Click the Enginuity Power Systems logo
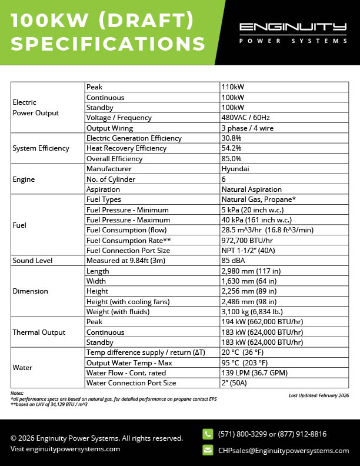click(x=292, y=33)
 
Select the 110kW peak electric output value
click(x=232, y=87)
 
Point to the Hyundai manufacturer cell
click(x=235, y=169)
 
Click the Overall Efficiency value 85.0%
click(x=231, y=159)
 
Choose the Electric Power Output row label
click(x=35, y=107)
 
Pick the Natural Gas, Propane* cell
click(x=258, y=199)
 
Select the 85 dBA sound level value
click(x=233, y=261)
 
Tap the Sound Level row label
click(x=32, y=261)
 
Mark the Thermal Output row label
click(x=39, y=332)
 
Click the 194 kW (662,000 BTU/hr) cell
click(x=262, y=322)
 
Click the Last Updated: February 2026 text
click(x=319, y=396)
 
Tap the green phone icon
click(x=208, y=434)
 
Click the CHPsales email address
click(x=283, y=451)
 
